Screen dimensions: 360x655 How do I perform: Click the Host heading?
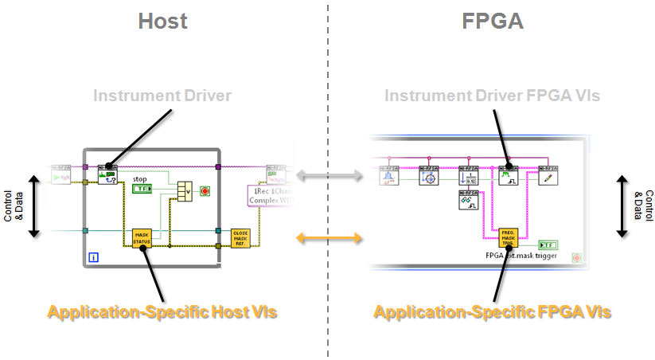pyautogui.click(x=162, y=21)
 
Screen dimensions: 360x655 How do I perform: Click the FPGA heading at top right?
pyautogui.click(x=493, y=21)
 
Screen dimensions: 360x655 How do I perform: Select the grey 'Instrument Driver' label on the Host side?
pyautogui.click(x=162, y=96)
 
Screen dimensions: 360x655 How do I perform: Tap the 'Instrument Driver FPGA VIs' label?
pyautogui.click(x=492, y=96)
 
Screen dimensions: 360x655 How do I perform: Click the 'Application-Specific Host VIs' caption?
pyautogui.click(x=162, y=312)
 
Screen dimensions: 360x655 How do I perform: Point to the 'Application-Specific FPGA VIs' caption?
pyautogui.click(x=492, y=312)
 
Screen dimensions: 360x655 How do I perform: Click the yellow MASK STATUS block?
pyautogui.click(x=142, y=237)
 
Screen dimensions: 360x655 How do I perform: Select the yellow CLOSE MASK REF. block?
pyautogui.click(x=240, y=237)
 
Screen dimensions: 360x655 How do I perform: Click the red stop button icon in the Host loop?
pyautogui.click(x=205, y=191)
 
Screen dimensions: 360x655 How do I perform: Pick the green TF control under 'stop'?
pyautogui.click(x=142, y=189)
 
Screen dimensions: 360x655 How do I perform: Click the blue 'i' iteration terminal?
pyautogui.click(x=94, y=256)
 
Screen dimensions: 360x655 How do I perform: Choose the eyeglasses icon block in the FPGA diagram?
pyautogui.click(x=469, y=202)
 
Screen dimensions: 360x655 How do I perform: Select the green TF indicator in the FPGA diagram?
pyautogui.click(x=548, y=245)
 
